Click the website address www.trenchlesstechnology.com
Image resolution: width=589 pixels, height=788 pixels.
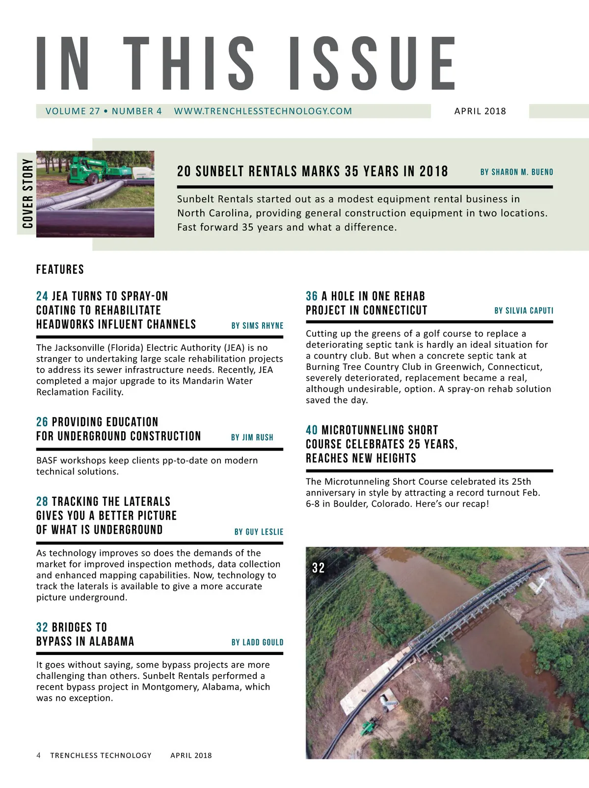263,111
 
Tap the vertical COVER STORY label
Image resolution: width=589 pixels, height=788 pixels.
27,193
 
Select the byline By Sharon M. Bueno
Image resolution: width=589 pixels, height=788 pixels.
516,172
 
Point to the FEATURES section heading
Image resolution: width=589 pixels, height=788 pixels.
60,269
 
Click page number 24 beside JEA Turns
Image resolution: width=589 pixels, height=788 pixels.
42,296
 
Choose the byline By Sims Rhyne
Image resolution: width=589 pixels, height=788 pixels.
257,326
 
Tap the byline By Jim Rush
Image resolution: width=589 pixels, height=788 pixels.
252,438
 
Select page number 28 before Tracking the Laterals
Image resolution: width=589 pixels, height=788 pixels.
42,502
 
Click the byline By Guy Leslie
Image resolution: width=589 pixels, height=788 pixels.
259,532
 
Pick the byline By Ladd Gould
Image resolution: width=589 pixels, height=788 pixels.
257,642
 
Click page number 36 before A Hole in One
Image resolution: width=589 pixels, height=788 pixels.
312,296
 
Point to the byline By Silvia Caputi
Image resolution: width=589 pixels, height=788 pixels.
524,311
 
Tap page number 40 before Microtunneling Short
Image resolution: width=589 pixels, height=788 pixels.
312,430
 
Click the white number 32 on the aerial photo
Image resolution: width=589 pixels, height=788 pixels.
319,568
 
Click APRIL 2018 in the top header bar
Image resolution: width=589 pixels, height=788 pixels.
480,111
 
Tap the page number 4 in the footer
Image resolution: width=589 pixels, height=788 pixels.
38,756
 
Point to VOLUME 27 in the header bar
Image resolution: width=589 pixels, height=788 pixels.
73,111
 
